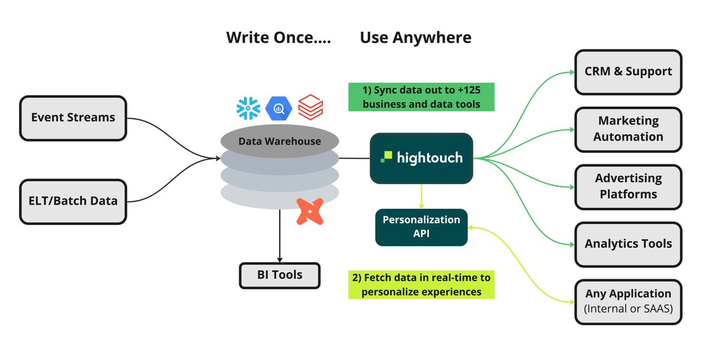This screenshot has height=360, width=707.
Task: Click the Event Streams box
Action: point(73,118)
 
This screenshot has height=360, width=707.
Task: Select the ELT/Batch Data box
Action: point(73,202)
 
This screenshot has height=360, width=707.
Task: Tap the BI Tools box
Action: point(279,275)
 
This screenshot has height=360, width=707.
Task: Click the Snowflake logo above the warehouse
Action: point(248,108)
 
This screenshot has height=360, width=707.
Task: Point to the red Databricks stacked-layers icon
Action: point(310,107)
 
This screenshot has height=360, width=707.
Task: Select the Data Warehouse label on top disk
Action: point(280,141)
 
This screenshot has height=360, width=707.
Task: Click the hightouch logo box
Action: point(421,158)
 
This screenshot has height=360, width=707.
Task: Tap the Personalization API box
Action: point(421,227)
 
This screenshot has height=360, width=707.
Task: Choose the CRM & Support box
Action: point(628,72)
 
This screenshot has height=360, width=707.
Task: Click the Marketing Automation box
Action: point(628,129)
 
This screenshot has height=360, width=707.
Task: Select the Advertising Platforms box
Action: point(628,187)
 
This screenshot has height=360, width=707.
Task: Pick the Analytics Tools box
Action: point(628,244)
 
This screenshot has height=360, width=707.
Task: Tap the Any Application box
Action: point(628,301)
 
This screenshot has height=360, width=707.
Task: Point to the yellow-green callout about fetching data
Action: point(421,284)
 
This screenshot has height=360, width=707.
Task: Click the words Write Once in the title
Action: point(278,38)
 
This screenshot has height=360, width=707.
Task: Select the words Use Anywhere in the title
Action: point(415,38)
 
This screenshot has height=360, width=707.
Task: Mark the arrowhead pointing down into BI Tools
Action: point(279,259)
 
